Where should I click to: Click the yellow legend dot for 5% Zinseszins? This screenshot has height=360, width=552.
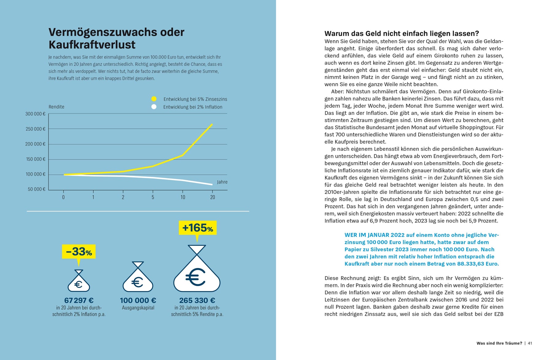154,99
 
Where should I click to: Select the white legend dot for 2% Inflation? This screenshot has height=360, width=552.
154,107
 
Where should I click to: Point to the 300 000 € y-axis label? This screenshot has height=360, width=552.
35,114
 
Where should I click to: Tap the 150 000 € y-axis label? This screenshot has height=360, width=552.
36,159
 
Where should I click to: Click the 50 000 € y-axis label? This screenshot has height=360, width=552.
36,189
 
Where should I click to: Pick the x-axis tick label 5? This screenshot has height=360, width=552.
153,197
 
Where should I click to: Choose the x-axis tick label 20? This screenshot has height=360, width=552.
213,197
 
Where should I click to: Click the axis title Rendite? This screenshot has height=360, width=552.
56,107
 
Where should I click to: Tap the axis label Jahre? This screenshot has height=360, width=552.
222,182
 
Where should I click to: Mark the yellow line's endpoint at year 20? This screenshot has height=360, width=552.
212,124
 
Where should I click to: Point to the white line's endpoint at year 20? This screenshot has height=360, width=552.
212,184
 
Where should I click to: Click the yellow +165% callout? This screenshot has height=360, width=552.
197,228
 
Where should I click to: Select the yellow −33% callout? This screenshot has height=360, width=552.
79,252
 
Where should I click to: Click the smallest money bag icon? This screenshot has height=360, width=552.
79,281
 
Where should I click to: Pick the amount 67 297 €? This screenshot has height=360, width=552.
79,300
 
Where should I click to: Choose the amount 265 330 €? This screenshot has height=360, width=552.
197,300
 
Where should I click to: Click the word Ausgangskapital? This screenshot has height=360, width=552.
138,308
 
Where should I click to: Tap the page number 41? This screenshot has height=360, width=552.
530,343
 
